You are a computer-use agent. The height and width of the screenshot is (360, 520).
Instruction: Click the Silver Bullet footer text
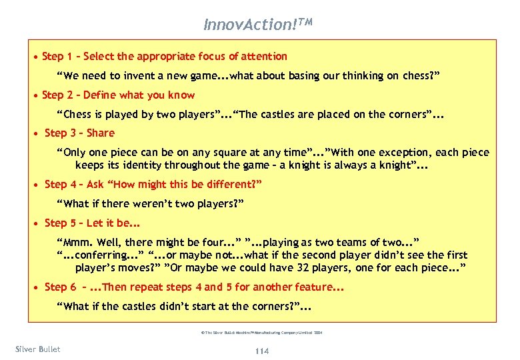point(37,349)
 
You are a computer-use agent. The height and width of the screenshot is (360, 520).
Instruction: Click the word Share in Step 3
point(101,133)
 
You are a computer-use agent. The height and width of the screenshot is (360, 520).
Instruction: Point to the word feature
point(311,287)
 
